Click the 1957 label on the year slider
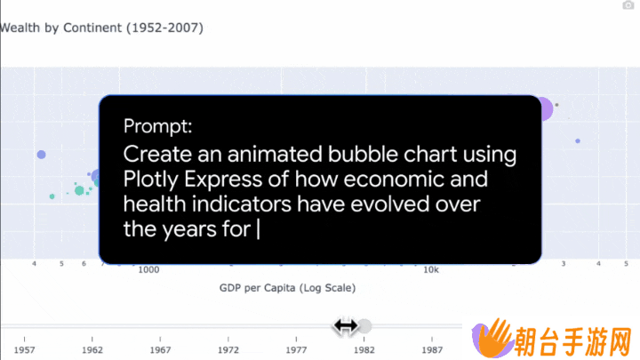click(x=24, y=350)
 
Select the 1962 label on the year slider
click(x=92, y=350)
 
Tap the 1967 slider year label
click(x=160, y=350)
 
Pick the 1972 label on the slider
click(x=228, y=350)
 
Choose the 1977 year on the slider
click(x=296, y=350)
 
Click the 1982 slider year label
click(x=364, y=350)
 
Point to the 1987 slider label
click(x=432, y=350)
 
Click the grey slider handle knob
click(x=364, y=326)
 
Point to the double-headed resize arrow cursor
click(x=345, y=326)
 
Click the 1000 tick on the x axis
click(x=148, y=270)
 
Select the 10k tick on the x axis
click(x=431, y=270)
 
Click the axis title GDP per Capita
click(x=257, y=288)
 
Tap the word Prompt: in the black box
click(x=157, y=126)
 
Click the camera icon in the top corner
click(x=628, y=5)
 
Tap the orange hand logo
click(x=492, y=338)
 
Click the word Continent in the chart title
click(x=92, y=28)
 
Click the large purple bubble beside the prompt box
click(x=546, y=109)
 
